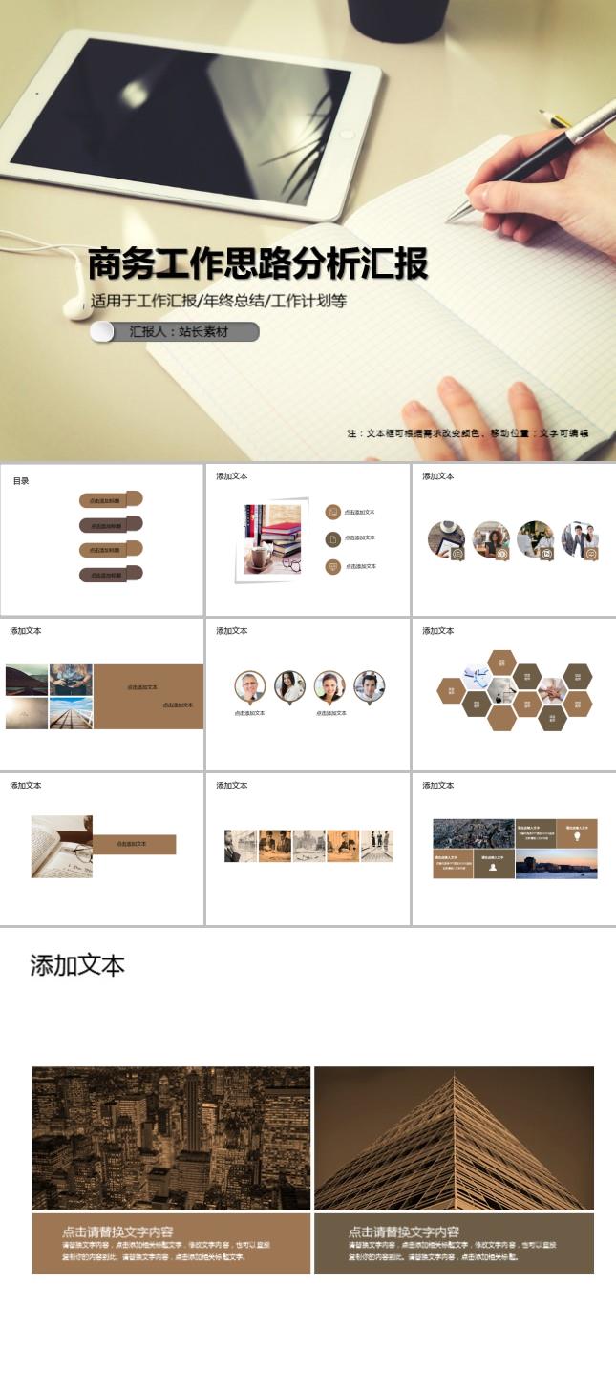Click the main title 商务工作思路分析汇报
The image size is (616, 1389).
pos(258,264)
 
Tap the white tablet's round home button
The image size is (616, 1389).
pos(346,135)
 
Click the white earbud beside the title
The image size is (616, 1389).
pos(75,305)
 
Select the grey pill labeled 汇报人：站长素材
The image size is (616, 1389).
pos(177,332)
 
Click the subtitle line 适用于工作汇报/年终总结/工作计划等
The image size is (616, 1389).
pos(219,301)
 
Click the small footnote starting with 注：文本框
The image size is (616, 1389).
pos(467,433)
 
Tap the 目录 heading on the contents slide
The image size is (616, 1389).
pos(21,481)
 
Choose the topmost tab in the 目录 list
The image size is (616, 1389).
pos(111,499)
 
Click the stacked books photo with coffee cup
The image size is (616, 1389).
pos(272,540)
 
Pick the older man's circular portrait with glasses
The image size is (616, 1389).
pos(250,686)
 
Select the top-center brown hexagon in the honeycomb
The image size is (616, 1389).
pos(501,663)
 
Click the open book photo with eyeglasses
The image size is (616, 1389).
pos(62,846)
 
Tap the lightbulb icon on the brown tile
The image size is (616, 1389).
pos(576,836)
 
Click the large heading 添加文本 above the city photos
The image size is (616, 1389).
pos(77,965)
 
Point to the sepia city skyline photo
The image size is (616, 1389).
pos(171,1138)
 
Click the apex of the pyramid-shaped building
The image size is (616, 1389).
pos(455,1078)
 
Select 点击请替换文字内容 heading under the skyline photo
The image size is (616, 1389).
pos(117,1231)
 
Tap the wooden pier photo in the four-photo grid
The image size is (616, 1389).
pos(72,714)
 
